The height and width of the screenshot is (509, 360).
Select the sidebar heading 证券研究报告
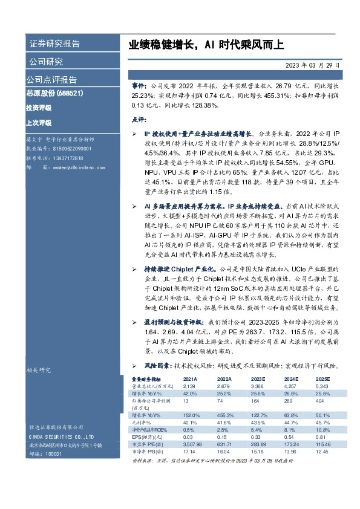tap(54, 44)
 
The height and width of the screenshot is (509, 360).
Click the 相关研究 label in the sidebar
tap(39, 370)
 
